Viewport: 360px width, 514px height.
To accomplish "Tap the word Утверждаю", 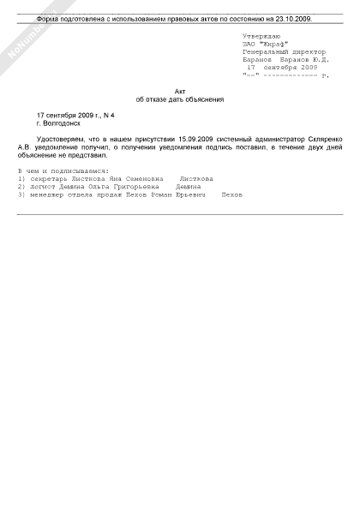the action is click(263, 35).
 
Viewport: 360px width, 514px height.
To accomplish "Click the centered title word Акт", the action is click(179, 90).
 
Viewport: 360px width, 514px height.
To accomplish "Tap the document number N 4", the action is click(108, 115).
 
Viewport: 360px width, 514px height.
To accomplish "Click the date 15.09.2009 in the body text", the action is click(193, 138).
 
